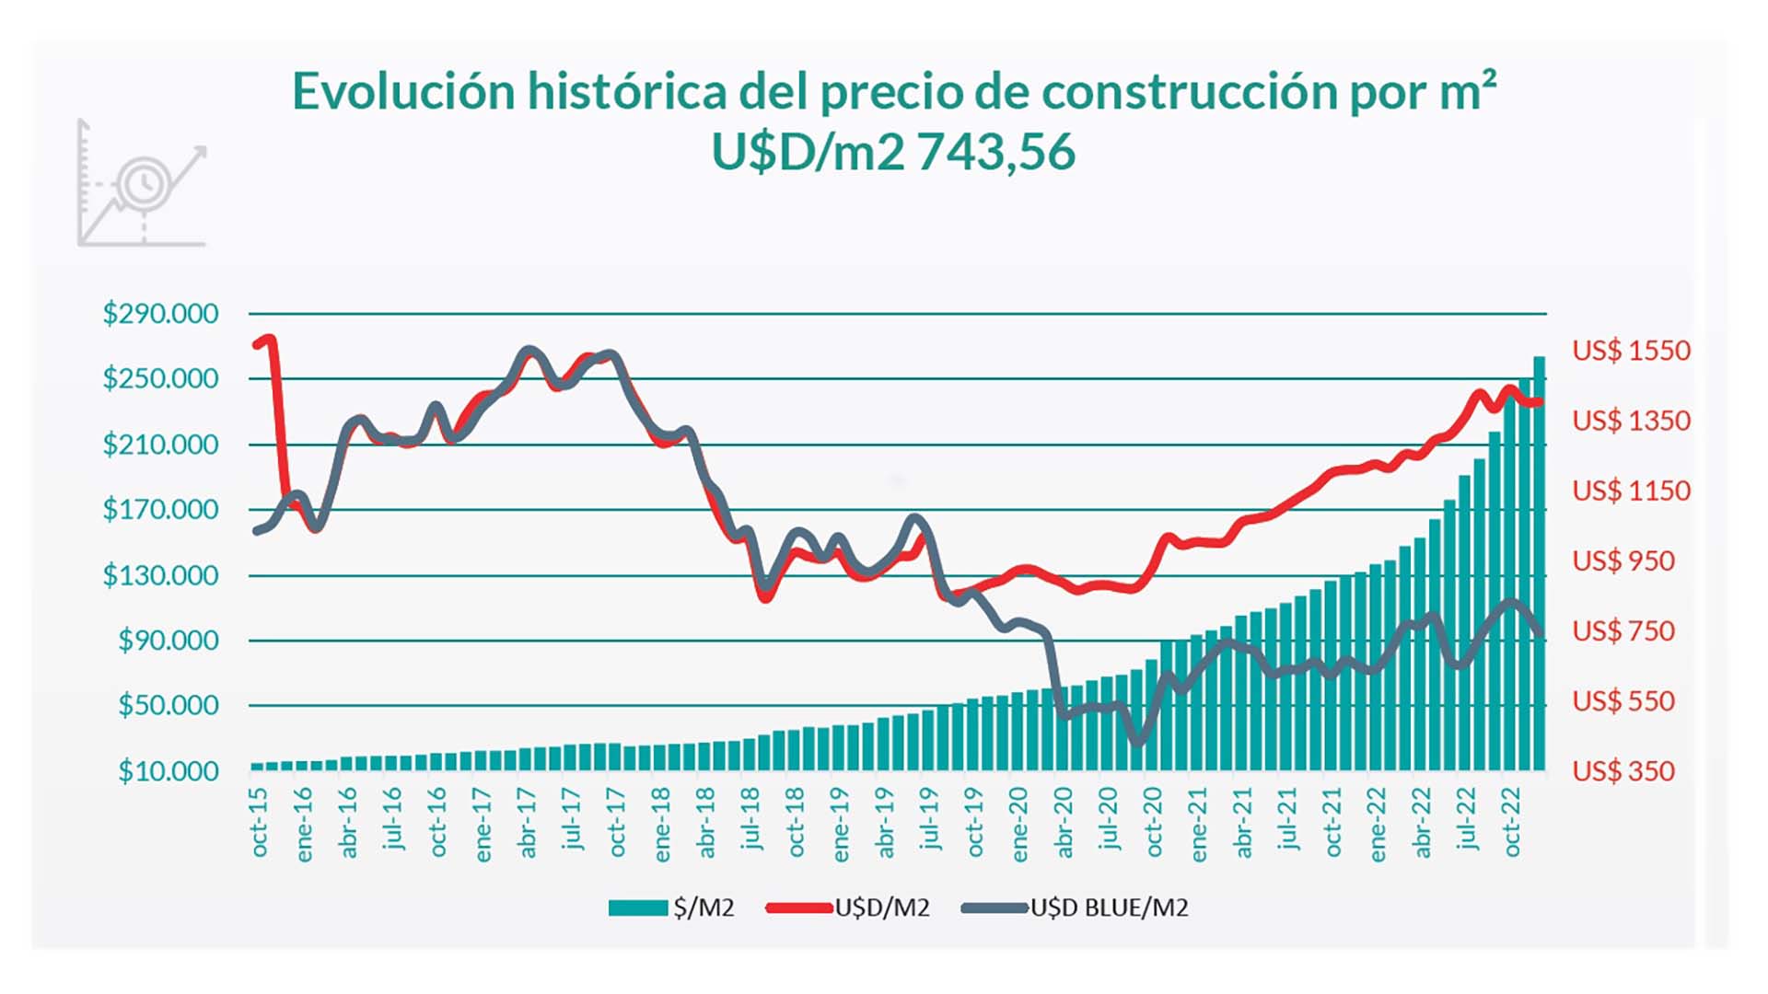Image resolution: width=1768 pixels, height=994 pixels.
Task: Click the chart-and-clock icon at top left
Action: tap(142, 183)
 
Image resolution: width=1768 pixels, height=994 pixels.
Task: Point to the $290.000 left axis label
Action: tap(160, 314)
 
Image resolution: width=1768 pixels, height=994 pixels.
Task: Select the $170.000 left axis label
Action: tap(160, 509)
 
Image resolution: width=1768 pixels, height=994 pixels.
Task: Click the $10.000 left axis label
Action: tap(168, 771)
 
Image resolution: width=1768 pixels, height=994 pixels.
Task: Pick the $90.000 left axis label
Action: tap(168, 641)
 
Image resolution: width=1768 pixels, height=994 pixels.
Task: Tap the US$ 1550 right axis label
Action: tap(1631, 351)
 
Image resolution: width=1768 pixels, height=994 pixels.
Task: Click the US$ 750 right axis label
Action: tap(1623, 631)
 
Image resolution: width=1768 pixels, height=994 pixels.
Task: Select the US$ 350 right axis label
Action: tap(1623, 771)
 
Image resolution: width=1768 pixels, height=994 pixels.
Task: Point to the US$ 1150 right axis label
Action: tap(1631, 491)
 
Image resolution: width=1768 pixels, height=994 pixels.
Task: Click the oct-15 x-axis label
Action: tap(259, 822)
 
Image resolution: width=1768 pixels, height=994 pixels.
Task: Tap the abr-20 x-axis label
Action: tap(1064, 822)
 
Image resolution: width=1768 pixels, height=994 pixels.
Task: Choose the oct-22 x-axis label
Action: tap(1511, 822)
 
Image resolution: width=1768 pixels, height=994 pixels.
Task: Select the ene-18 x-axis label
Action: tap(661, 825)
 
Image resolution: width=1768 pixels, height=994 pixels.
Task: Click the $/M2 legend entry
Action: tap(671, 908)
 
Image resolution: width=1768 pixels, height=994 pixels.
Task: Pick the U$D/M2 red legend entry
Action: tap(847, 908)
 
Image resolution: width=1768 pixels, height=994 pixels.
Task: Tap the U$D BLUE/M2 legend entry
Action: tap(1075, 908)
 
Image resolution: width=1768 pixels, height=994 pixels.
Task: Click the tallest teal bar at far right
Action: tap(1539, 563)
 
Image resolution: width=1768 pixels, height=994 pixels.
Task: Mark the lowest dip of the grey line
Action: tap(1138, 741)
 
